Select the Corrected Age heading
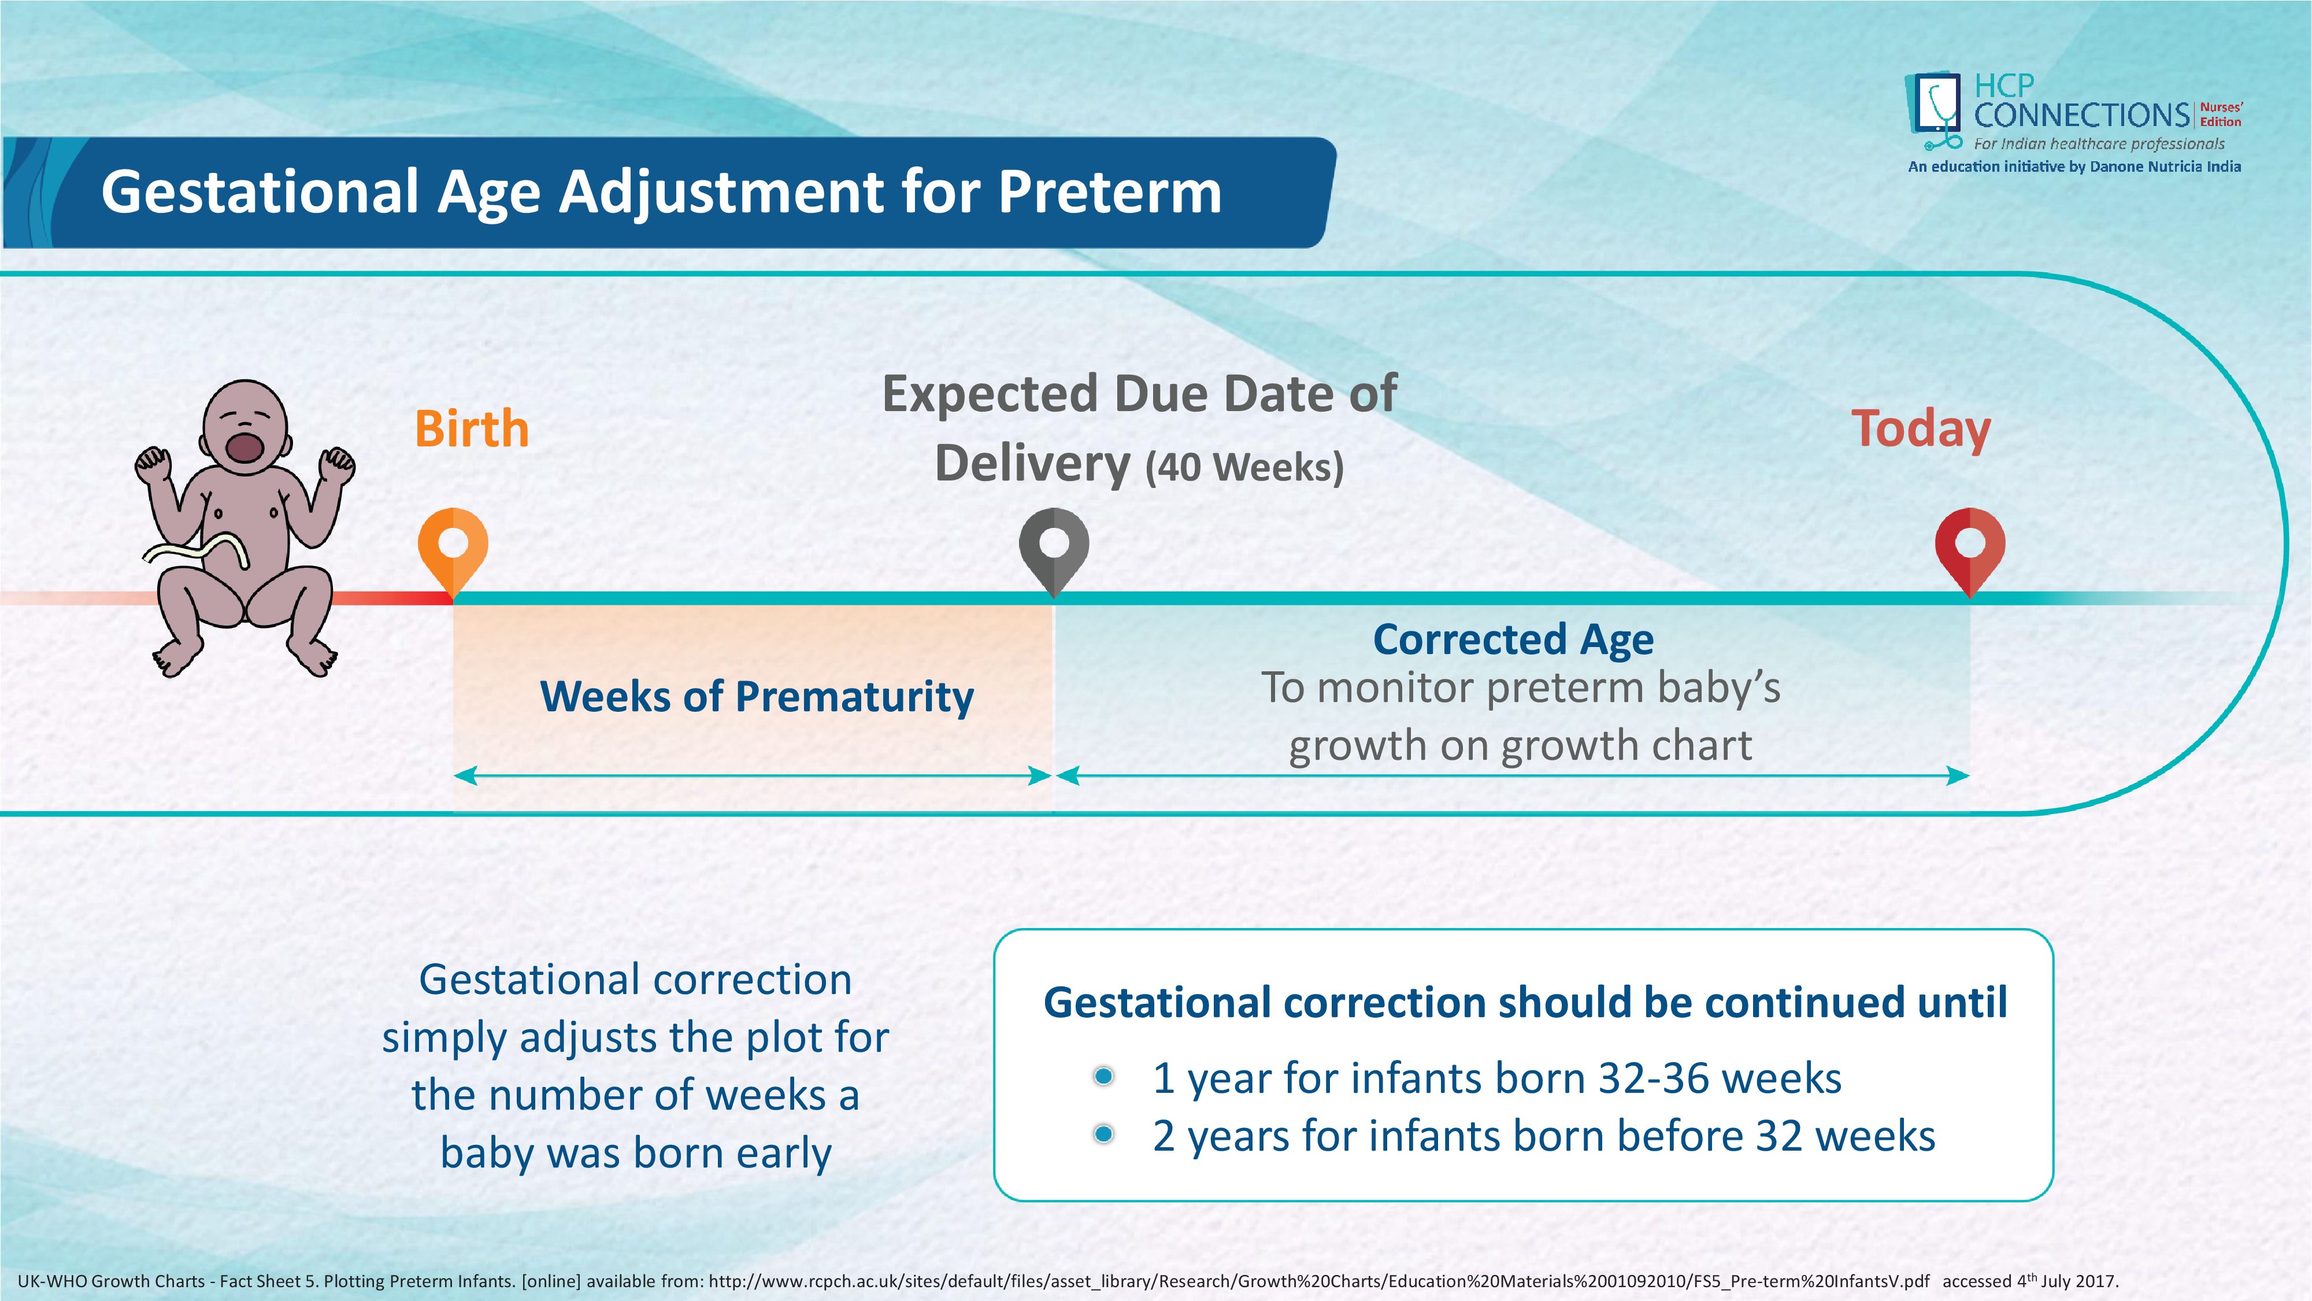1513,640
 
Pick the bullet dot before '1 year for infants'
1104,1075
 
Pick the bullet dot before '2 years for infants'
1104,1134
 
